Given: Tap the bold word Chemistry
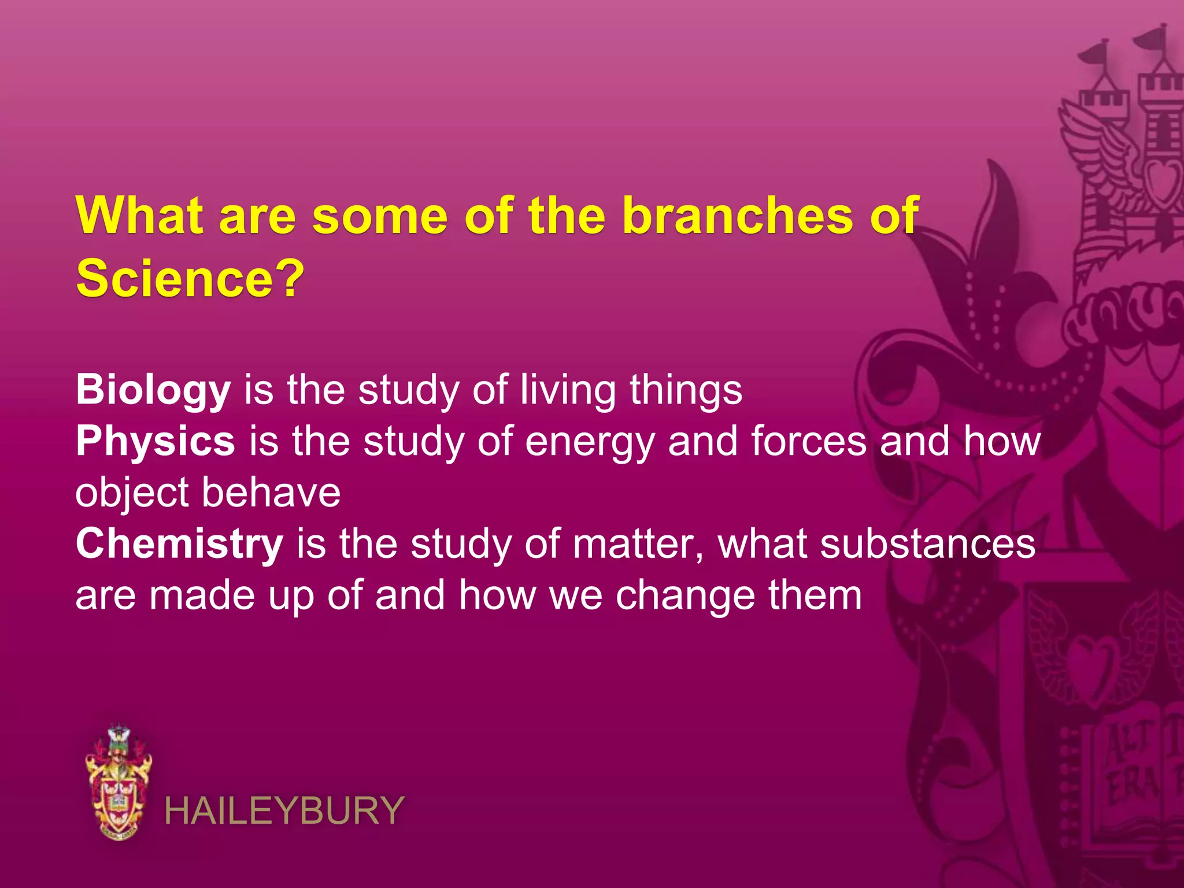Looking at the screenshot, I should pos(179,545).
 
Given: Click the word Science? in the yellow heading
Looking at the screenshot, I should pos(190,279).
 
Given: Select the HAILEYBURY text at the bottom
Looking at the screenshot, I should pos(284,811).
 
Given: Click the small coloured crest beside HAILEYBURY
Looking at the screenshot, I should pos(119,782).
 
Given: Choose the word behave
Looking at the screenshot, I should pos(271,493).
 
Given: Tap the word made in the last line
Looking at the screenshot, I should pos(202,595).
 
